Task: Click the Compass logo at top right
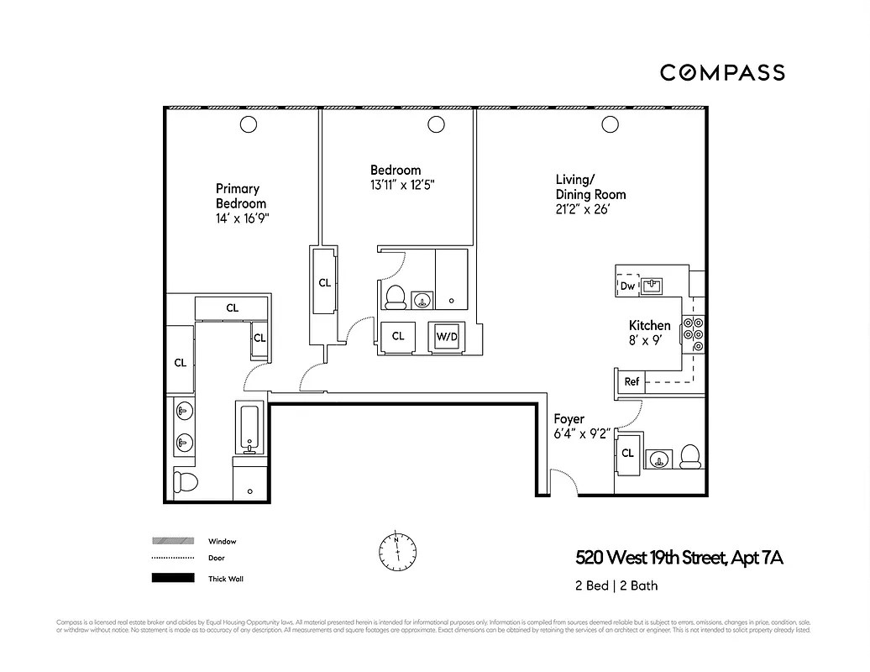point(722,72)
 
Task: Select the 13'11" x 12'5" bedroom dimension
point(402,184)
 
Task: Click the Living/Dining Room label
point(590,186)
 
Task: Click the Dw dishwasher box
point(627,286)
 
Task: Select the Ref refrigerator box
point(632,381)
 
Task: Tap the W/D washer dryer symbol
point(446,337)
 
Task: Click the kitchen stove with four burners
point(694,335)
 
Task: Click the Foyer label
point(569,418)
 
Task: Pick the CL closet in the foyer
point(627,454)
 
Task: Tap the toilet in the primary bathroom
point(185,482)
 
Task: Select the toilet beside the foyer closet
point(690,456)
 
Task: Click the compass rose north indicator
point(396,549)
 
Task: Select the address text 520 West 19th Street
point(679,558)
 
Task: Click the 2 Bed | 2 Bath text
point(616,585)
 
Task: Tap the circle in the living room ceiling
point(608,125)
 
